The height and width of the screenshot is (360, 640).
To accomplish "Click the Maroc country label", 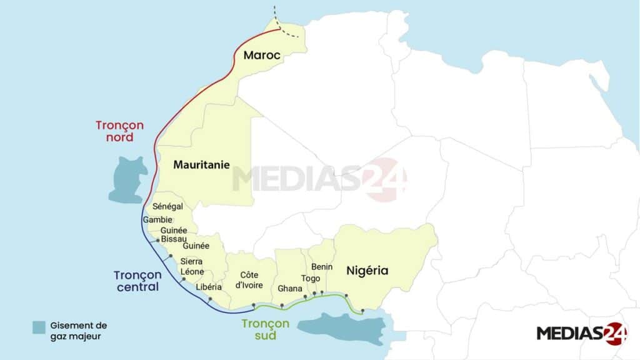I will tap(262, 55).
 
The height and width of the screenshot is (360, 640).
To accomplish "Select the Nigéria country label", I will tap(367, 271).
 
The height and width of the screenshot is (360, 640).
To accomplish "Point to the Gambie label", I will tap(157, 220).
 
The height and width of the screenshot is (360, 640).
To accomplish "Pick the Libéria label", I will tap(209, 287).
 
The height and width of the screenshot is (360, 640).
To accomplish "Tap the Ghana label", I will tap(289, 289).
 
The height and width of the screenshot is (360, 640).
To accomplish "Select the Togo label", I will tap(311, 278).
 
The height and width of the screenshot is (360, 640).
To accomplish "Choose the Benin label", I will tap(322, 267).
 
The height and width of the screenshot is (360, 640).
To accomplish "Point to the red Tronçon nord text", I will tap(119, 131).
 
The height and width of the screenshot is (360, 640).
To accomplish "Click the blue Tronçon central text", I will tap(137, 281).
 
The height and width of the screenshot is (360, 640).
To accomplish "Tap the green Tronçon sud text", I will tap(266, 329).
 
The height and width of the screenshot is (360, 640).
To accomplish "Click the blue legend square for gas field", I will tap(39, 327).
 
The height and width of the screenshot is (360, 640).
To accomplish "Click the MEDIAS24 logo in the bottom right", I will tap(581, 333).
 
